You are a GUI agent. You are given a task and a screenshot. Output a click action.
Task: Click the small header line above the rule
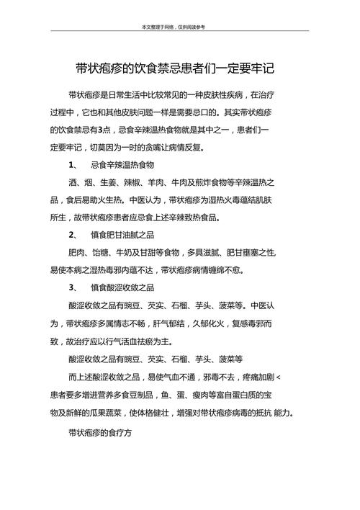[174, 27]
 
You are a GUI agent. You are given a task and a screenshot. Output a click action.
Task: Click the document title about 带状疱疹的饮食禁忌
[175, 69]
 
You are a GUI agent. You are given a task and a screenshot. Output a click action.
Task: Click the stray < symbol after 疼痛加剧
[279, 376]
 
